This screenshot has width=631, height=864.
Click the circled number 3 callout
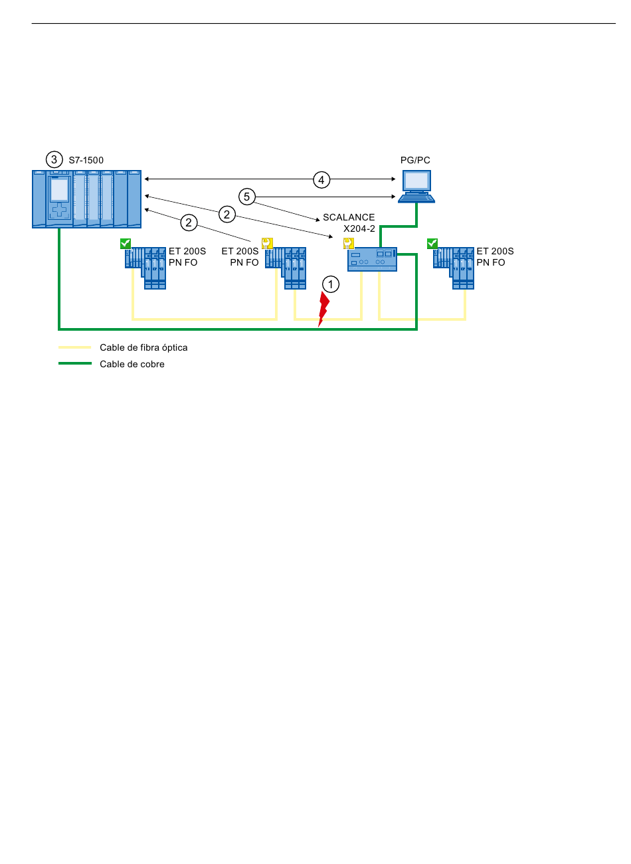coord(54,159)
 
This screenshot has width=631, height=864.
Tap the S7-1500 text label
coord(86,160)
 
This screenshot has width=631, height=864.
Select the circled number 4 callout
coord(321,180)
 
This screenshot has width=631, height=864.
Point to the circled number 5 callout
coord(247,197)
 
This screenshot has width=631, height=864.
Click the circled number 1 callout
coord(331,285)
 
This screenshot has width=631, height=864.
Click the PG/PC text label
coord(415,160)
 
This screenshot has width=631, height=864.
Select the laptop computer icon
coord(416,187)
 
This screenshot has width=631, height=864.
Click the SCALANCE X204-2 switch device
coord(372,259)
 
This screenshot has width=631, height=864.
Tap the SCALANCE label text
coord(349,217)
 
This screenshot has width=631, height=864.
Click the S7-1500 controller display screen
coord(59,190)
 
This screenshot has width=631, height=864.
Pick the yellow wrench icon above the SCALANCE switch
coord(348,243)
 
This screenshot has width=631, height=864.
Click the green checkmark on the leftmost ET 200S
coord(126,243)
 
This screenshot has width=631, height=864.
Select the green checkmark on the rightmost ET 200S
coord(432,243)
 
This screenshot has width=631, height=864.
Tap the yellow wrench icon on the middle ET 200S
coord(267,243)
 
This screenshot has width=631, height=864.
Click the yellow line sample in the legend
coord(75,347)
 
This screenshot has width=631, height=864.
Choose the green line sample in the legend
coord(75,363)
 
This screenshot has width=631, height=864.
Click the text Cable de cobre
coord(132,364)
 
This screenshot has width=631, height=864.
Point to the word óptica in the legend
coord(175,347)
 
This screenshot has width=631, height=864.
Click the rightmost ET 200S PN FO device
coord(454,268)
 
